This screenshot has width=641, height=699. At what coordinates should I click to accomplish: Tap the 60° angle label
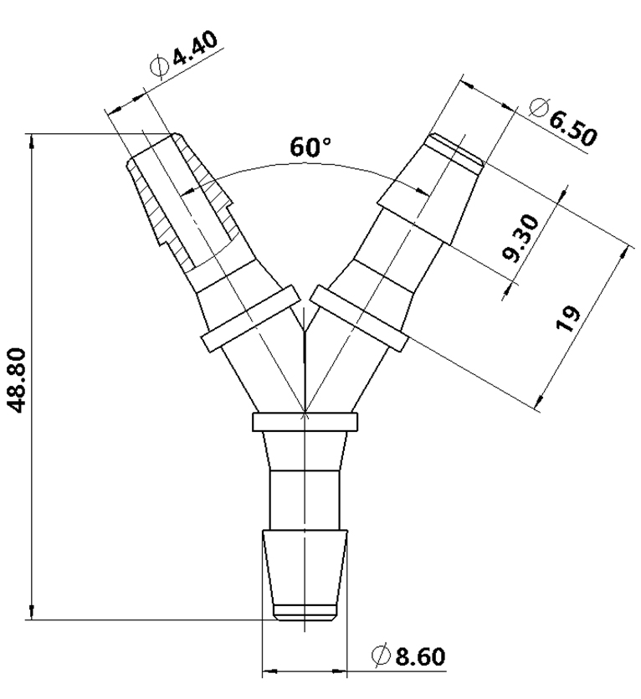(x=311, y=148)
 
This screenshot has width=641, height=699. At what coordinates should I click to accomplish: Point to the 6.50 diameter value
(x=574, y=125)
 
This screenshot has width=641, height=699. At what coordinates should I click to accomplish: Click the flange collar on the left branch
(x=249, y=318)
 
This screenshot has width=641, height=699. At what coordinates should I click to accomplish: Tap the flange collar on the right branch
(x=360, y=318)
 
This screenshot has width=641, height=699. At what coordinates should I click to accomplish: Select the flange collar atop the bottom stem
(x=305, y=422)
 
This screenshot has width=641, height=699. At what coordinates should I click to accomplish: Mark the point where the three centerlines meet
(x=305, y=411)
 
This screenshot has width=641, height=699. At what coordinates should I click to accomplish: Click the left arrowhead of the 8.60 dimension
(x=270, y=671)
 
